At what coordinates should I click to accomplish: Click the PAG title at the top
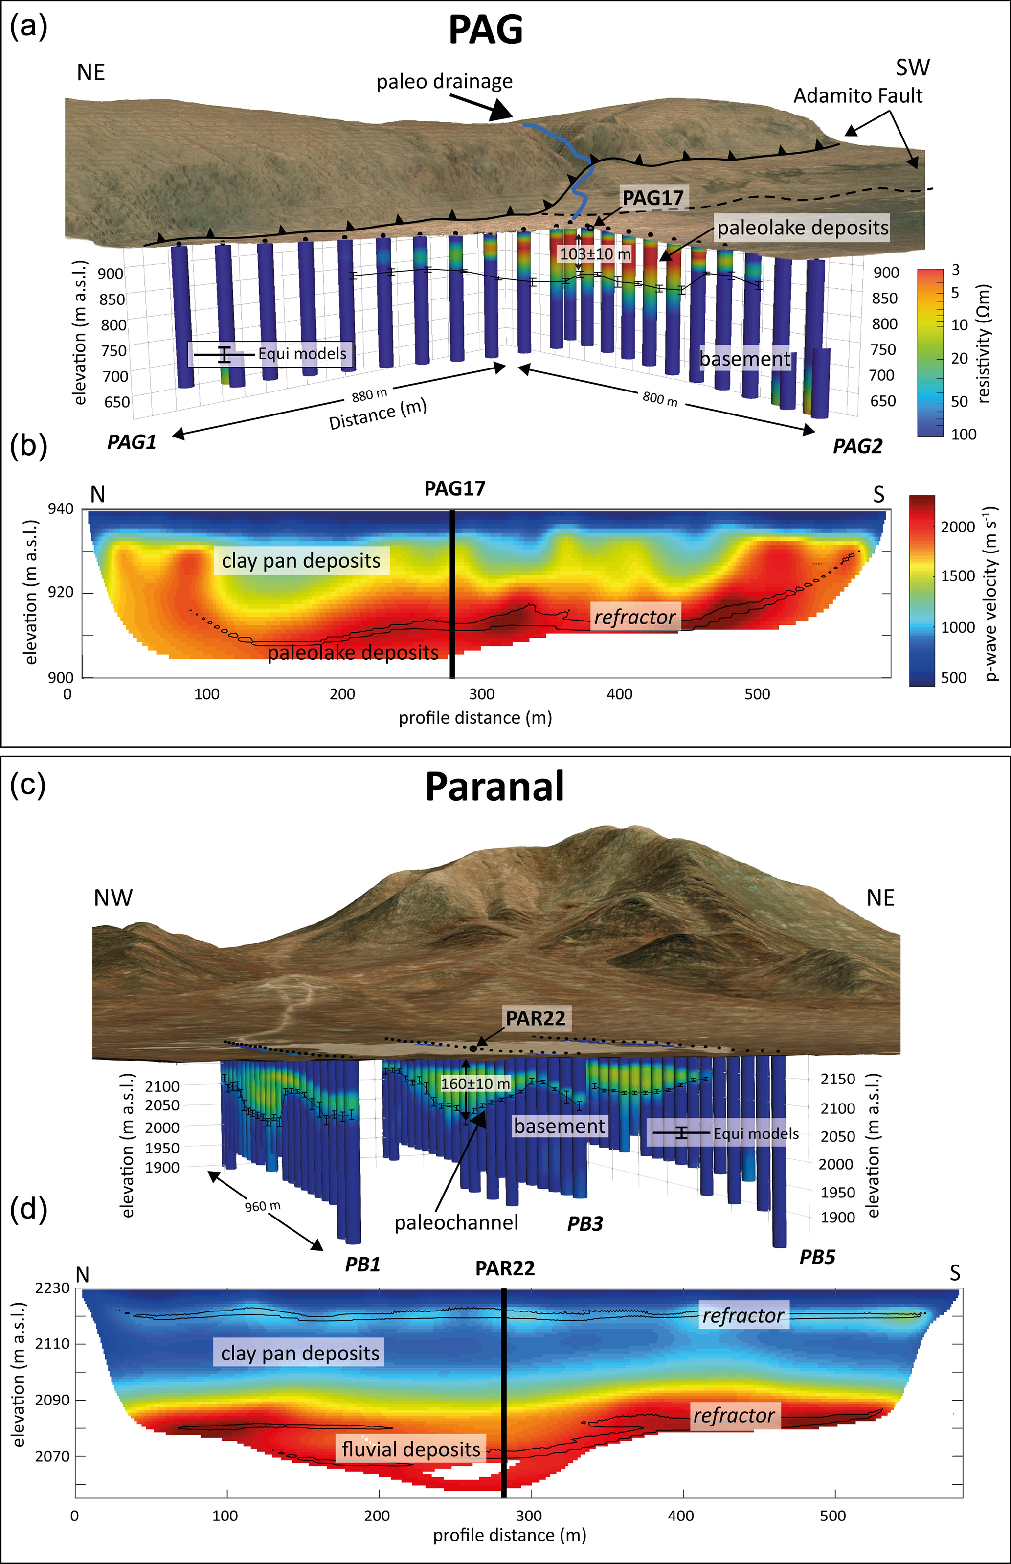click(x=486, y=30)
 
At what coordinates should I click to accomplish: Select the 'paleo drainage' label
click(x=445, y=81)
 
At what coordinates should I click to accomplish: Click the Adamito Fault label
click(x=857, y=96)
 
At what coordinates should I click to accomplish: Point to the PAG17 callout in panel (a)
click(x=652, y=198)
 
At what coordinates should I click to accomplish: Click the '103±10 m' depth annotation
click(x=595, y=254)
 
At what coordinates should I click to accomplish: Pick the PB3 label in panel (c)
click(x=585, y=1224)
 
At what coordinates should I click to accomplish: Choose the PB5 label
click(x=817, y=1257)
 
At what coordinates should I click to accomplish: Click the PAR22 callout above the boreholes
click(x=535, y=1018)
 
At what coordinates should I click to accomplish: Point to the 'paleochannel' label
click(x=456, y=1223)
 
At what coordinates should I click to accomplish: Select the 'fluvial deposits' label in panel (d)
click(x=411, y=1449)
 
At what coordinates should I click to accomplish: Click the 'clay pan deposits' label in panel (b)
click(x=301, y=560)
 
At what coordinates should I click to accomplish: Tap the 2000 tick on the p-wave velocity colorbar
click(x=958, y=527)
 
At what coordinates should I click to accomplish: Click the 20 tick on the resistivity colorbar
click(x=960, y=358)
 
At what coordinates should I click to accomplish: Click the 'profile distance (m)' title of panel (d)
click(x=510, y=1535)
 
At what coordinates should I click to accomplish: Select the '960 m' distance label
click(x=263, y=1206)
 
